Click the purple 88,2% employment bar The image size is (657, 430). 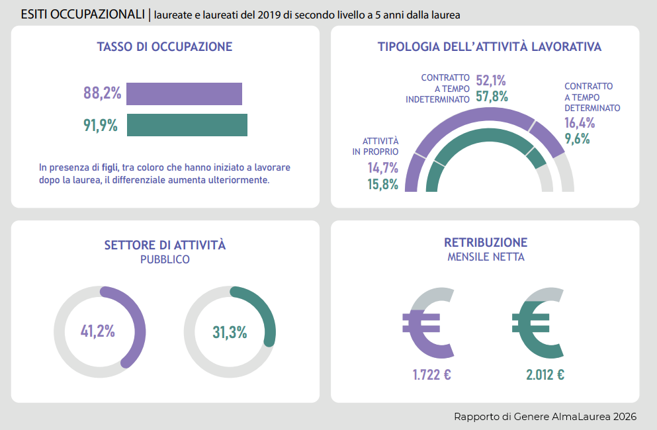coord(184,94)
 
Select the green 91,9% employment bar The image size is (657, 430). coord(187,125)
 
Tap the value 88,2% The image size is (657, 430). coord(103,93)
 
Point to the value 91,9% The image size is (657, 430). coord(101,125)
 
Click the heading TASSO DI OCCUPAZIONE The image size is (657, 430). coord(164,47)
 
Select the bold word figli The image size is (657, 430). coord(110,167)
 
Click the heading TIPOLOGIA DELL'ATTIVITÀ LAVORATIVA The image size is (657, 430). coord(489,47)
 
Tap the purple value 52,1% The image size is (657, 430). coord(491,81)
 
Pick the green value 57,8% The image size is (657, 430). coord(492,97)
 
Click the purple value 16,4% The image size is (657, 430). coord(580,122)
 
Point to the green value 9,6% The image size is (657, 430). coord(577,139)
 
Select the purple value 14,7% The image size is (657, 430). coord(383,167)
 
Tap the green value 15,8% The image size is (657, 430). coord(383,184)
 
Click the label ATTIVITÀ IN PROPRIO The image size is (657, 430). coord(376,146)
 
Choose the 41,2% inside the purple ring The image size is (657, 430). coord(98,331)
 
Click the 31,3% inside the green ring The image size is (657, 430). coord(230,332)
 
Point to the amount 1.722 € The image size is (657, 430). coord(431,375)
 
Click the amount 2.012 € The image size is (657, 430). coord(545,375)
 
